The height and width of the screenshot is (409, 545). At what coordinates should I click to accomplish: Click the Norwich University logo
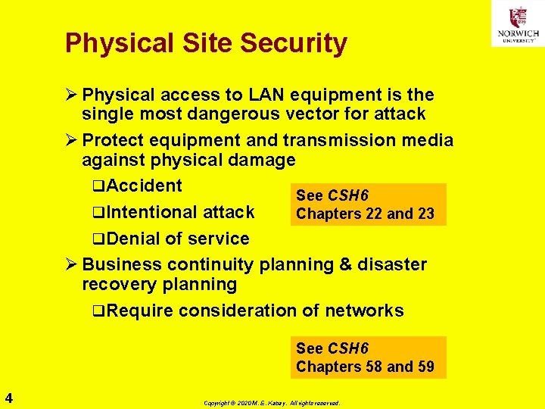517,23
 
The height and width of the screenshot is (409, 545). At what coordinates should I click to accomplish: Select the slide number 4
8,396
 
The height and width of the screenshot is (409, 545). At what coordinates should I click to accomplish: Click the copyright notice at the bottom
272,403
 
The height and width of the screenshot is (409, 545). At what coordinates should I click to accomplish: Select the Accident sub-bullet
143,186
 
